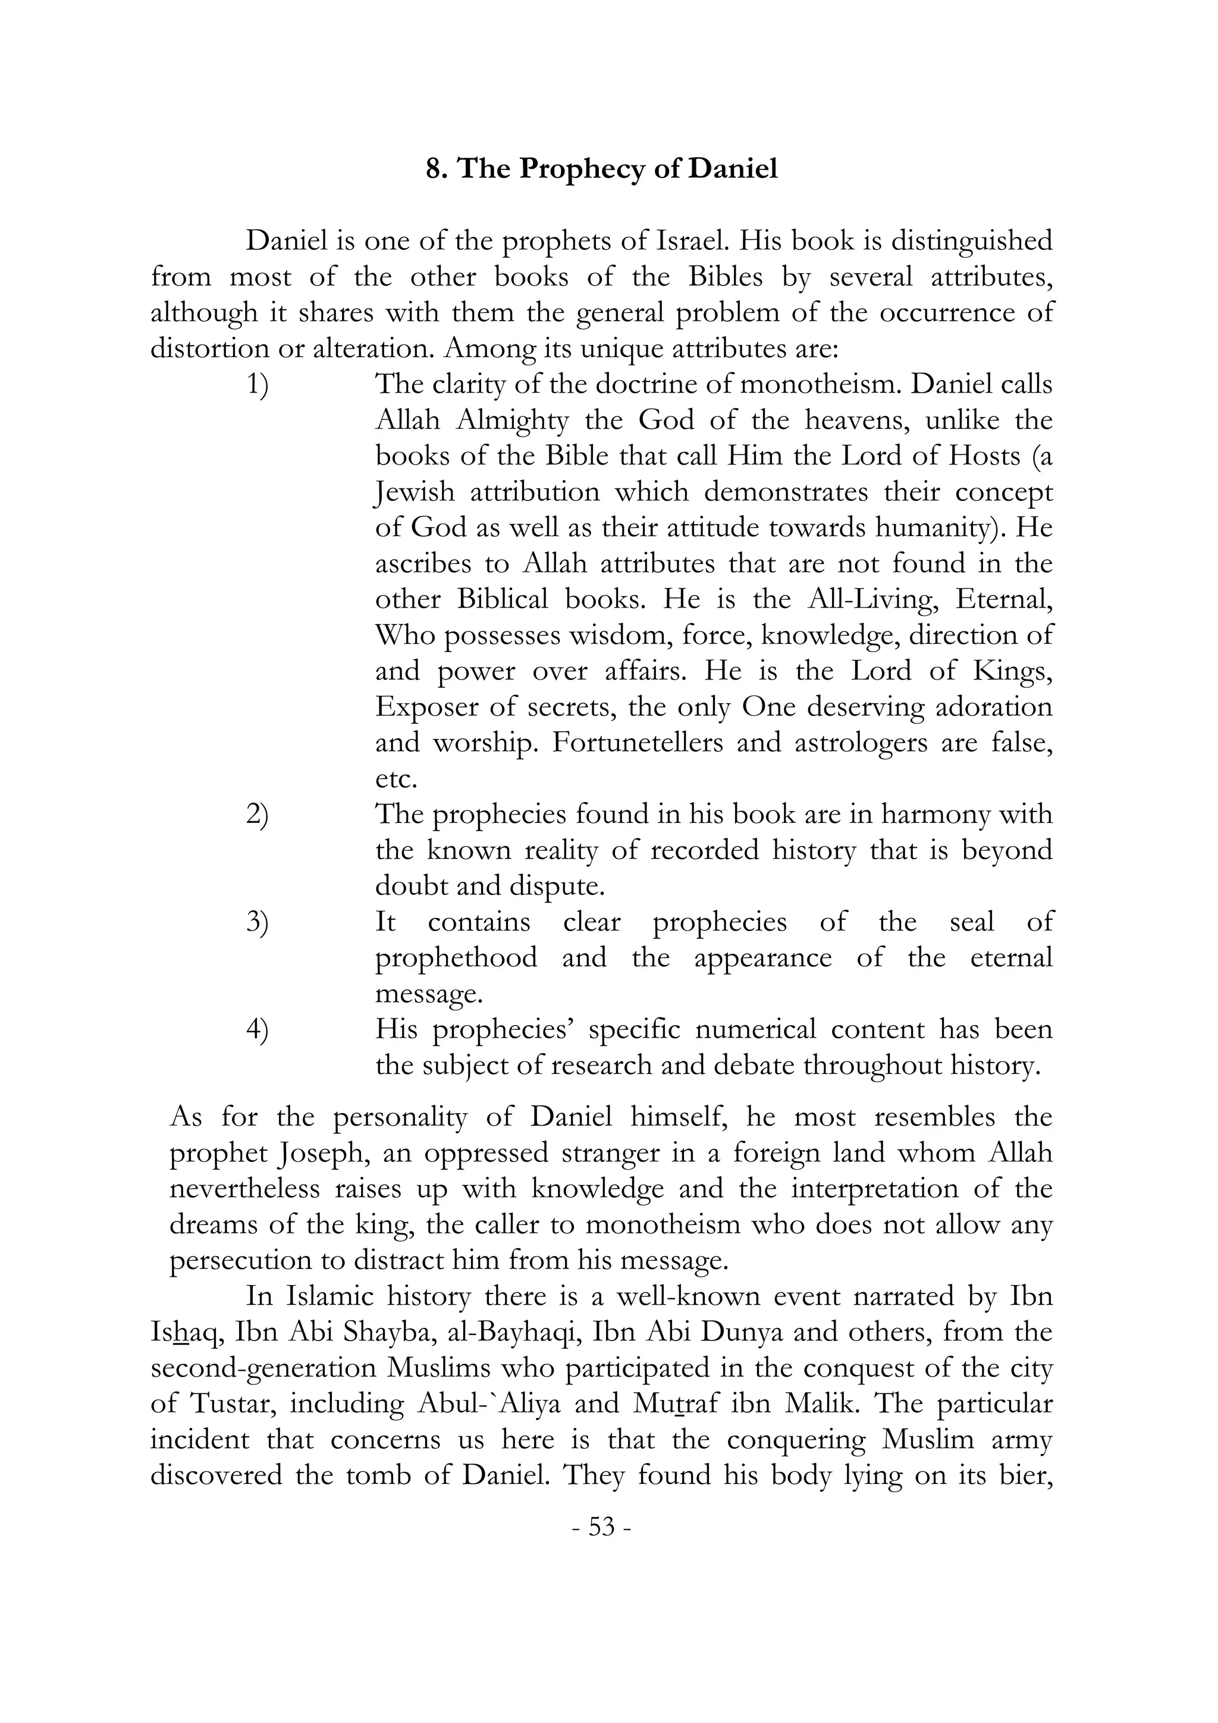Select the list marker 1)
coord(258,386)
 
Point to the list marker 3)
coord(258,923)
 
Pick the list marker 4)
coord(258,1030)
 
